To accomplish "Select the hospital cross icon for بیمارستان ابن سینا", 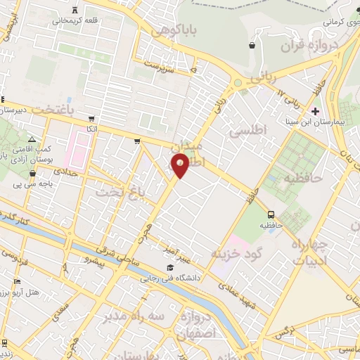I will point(316,110).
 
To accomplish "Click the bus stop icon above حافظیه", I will point(271,213).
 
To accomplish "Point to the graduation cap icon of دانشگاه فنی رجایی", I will point(170,267).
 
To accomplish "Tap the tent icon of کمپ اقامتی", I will point(32,139).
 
